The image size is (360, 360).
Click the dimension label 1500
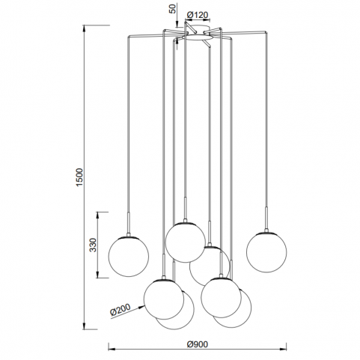(79, 177)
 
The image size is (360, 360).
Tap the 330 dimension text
(93, 245)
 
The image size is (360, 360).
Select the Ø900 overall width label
(197, 344)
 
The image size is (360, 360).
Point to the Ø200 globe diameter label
(120, 310)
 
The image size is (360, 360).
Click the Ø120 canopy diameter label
(197, 15)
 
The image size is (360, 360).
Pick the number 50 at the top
(173, 8)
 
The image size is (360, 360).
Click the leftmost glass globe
(129, 257)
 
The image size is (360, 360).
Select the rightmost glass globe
(266, 252)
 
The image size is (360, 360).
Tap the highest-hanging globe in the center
(186, 242)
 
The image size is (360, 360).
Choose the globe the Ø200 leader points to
(164, 299)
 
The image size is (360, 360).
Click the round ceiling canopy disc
(197, 37)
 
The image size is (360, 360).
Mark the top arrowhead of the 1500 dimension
(85, 28)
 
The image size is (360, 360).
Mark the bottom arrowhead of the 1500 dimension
(85, 326)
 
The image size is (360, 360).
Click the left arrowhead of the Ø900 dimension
(112, 350)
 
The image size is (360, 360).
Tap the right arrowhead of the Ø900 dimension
(284, 350)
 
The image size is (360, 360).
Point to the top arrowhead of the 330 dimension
(98, 215)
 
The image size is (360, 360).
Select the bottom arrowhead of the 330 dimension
(98, 275)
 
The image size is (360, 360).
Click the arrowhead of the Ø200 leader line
(142, 306)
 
